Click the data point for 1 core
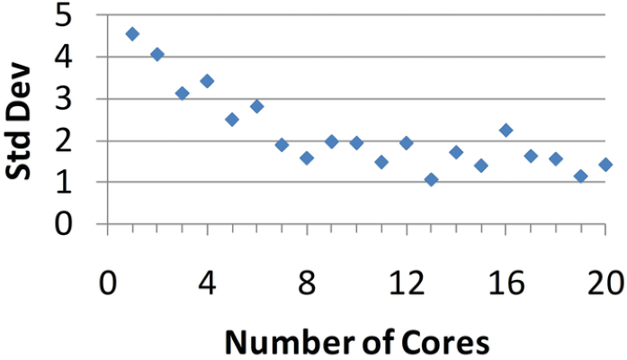132,34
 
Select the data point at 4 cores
207,81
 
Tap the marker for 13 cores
431,180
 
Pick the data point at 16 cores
506,130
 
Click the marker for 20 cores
605,165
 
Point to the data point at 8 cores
307,158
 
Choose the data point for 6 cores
256,106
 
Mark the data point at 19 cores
580,176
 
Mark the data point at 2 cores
157,55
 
